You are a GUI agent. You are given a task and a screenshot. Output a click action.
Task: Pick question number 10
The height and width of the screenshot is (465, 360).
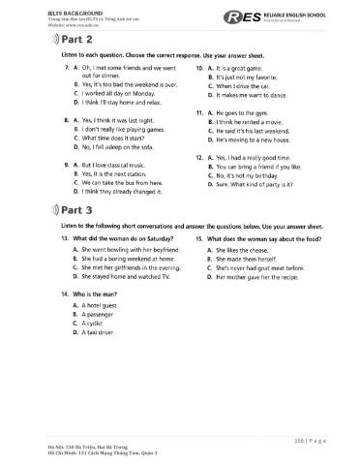pyautogui.click(x=199, y=70)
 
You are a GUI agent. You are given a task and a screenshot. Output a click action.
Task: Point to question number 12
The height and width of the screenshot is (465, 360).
pyautogui.click(x=199, y=157)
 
